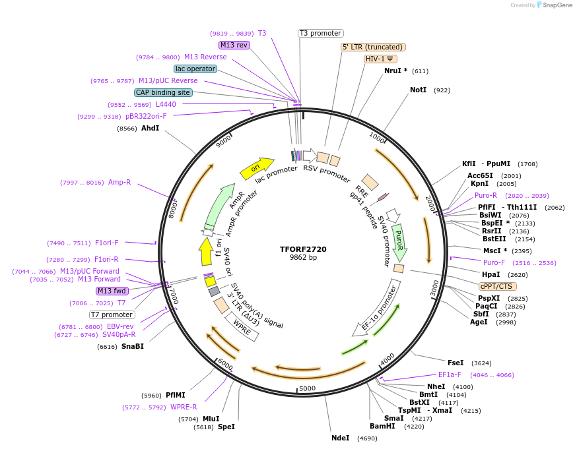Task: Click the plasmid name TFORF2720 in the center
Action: (x=303, y=249)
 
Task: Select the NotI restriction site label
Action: (x=418, y=90)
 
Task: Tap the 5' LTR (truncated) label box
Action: (x=373, y=47)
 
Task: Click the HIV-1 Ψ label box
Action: (x=380, y=59)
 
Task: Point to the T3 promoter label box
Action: (x=320, y=33)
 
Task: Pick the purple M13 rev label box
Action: (x=234, y=45)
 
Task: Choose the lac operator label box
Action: (x=195, y=69)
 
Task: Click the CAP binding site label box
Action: (x=163, y=93)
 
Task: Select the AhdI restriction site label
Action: (x=150, y=128)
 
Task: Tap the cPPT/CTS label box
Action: (x=498, y=286)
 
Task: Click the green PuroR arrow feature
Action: (x=399, y=241)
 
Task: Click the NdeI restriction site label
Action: (x=341, y=438)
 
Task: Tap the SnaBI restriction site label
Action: (x=132, y=346)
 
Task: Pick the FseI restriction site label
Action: (x=456, y=363)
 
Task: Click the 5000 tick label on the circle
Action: (x=308, y=388)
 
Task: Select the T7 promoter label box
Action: (x=112, y=314)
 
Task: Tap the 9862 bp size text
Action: (x=303, y=258)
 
